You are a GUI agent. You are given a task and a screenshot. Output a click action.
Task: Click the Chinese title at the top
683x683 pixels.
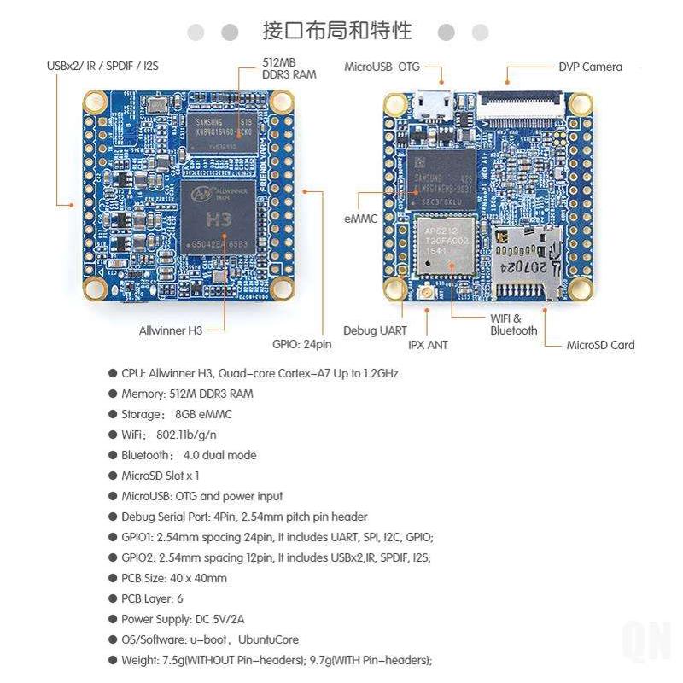(338, 32)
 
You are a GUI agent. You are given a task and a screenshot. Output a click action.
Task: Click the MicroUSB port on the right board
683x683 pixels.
(434, 105)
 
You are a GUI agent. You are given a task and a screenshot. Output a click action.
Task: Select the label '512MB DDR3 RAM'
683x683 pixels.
(289, 68)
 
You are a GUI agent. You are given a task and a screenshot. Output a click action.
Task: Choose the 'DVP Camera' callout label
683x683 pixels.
(590, 67)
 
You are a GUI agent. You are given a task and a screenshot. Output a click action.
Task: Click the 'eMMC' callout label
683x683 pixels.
(360, 219)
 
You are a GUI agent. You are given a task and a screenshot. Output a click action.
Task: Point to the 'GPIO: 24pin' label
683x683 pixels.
(301, 345)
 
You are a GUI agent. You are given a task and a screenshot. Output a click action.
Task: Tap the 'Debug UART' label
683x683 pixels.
(375, 330)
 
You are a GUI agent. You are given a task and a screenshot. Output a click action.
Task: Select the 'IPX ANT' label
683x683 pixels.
(428, 345)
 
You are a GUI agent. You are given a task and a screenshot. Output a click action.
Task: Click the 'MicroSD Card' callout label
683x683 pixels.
(600, 345)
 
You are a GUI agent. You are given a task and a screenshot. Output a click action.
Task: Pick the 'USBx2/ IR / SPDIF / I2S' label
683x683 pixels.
(102, 66)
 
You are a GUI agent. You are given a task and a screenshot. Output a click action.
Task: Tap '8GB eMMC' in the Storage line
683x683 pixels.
(202, 414)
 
